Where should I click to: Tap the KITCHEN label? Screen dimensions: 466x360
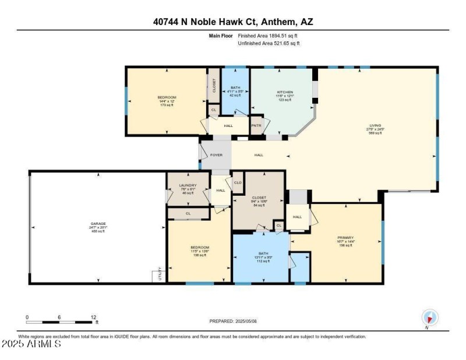pos(285,92)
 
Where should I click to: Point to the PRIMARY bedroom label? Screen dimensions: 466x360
pos(345,237)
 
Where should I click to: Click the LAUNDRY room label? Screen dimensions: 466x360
pos(188,185)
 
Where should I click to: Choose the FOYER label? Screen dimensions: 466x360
pos(216,155)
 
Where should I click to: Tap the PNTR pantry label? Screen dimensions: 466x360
pos(257,125)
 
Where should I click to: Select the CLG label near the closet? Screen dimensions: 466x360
pos(238,183)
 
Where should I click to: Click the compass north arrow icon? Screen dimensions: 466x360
pos(430,318)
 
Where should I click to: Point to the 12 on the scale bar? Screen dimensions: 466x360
pos(93,317)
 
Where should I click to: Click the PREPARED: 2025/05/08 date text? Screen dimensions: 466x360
pos(232,321)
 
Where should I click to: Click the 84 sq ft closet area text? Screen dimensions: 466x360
pos(260,206)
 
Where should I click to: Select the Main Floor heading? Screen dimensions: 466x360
pos(221,36)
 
